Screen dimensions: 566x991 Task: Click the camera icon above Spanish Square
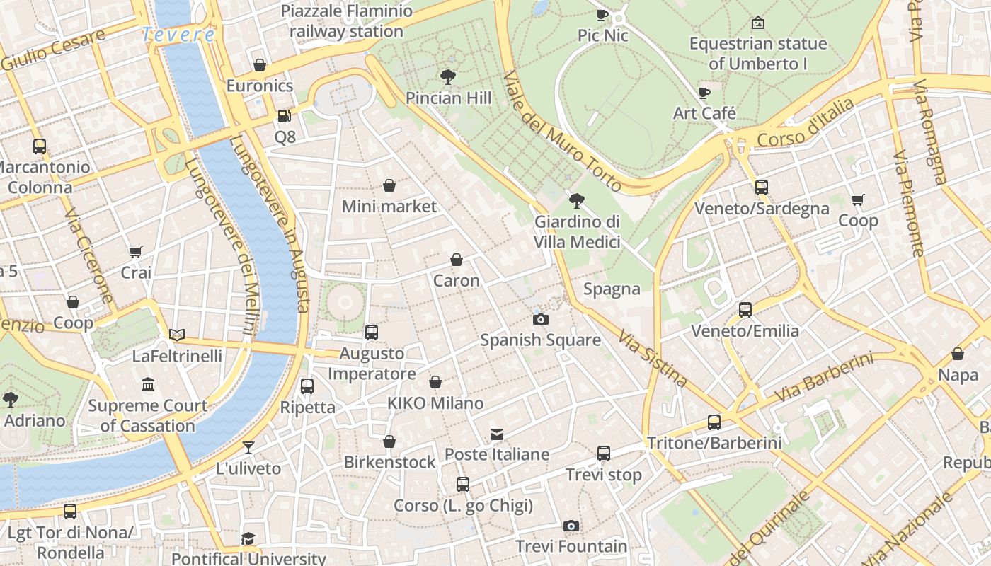click(x=541, y=319)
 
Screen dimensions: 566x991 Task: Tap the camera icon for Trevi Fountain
click(x=571, y=526)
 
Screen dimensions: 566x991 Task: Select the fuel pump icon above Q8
click(x=284, y=115)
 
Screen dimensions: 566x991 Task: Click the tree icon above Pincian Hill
click(x=447, y=76)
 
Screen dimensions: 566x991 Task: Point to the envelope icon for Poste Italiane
click(x=497, y=434)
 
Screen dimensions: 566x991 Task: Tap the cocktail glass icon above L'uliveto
click(x=248, y=447)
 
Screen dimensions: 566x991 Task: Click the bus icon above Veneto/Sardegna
click(x=762, y=187)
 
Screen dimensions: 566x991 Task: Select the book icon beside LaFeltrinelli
click(x=177, y=335)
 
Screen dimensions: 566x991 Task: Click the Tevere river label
click(x=178, y=34)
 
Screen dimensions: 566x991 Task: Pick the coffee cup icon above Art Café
click(x=704, y=93)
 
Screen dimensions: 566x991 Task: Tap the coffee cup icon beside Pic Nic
click(x=602, y=14)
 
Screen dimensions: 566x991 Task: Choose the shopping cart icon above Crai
click(x=136, y=252)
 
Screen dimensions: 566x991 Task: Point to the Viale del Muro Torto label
click(x=563, y=131)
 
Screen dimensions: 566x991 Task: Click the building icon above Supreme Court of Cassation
click(x=148, y=385)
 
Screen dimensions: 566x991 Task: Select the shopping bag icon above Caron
click(x=457, y=260)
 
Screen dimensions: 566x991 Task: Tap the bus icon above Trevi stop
click(x=603, y=454)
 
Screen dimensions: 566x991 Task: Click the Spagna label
click(x=612, y=289)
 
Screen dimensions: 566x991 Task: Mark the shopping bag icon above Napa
click(x=958, y=354)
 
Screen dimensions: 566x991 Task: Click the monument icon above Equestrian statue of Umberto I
click(x=758, y=23)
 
